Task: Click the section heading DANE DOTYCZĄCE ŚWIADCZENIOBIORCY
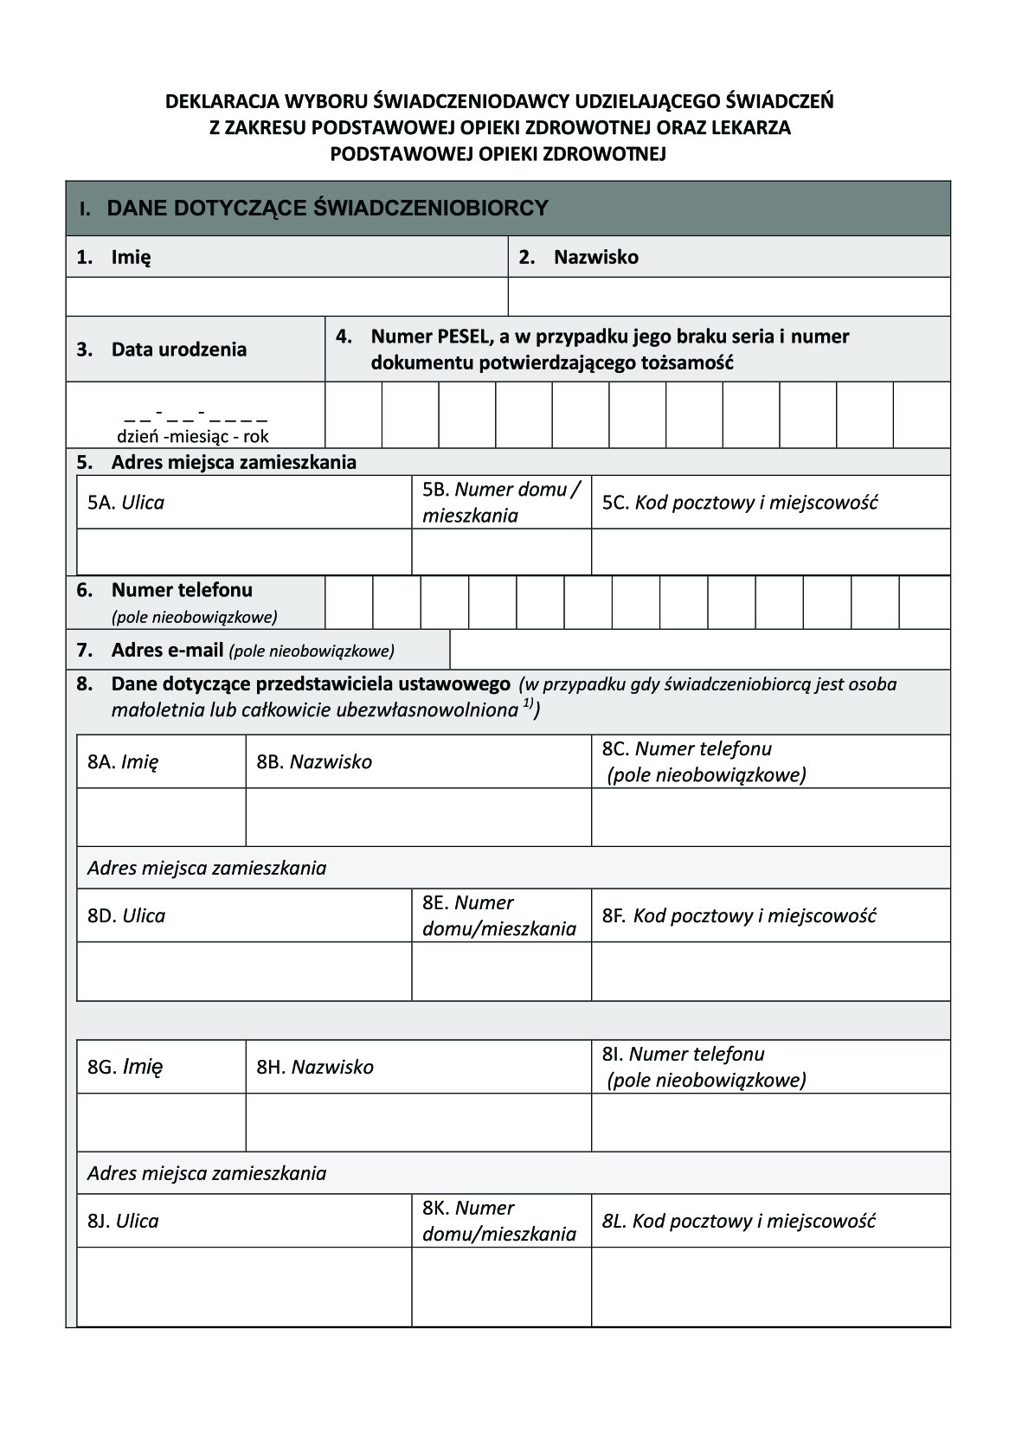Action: (327, 209)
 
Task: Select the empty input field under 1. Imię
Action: (286, 297)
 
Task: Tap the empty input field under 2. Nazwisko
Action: (729, 297)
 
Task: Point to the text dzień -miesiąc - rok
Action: (193, 437)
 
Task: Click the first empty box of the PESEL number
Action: (353, 415)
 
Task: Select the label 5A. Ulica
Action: (126, 503)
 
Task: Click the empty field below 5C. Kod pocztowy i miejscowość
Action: (770, 552)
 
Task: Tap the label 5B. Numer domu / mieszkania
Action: (500, 503)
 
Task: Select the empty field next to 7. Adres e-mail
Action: (699, 650)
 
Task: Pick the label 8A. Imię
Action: (123, 762)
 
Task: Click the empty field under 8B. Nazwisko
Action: (418, 818)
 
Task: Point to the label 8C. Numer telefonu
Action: (686, 749)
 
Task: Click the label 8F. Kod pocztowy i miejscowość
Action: (739, 915)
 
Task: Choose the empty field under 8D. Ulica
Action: (243, 972)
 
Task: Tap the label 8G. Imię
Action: (125, 1067)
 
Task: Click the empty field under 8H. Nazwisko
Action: (418, 1123)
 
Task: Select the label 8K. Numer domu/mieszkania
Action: (498, 1221)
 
